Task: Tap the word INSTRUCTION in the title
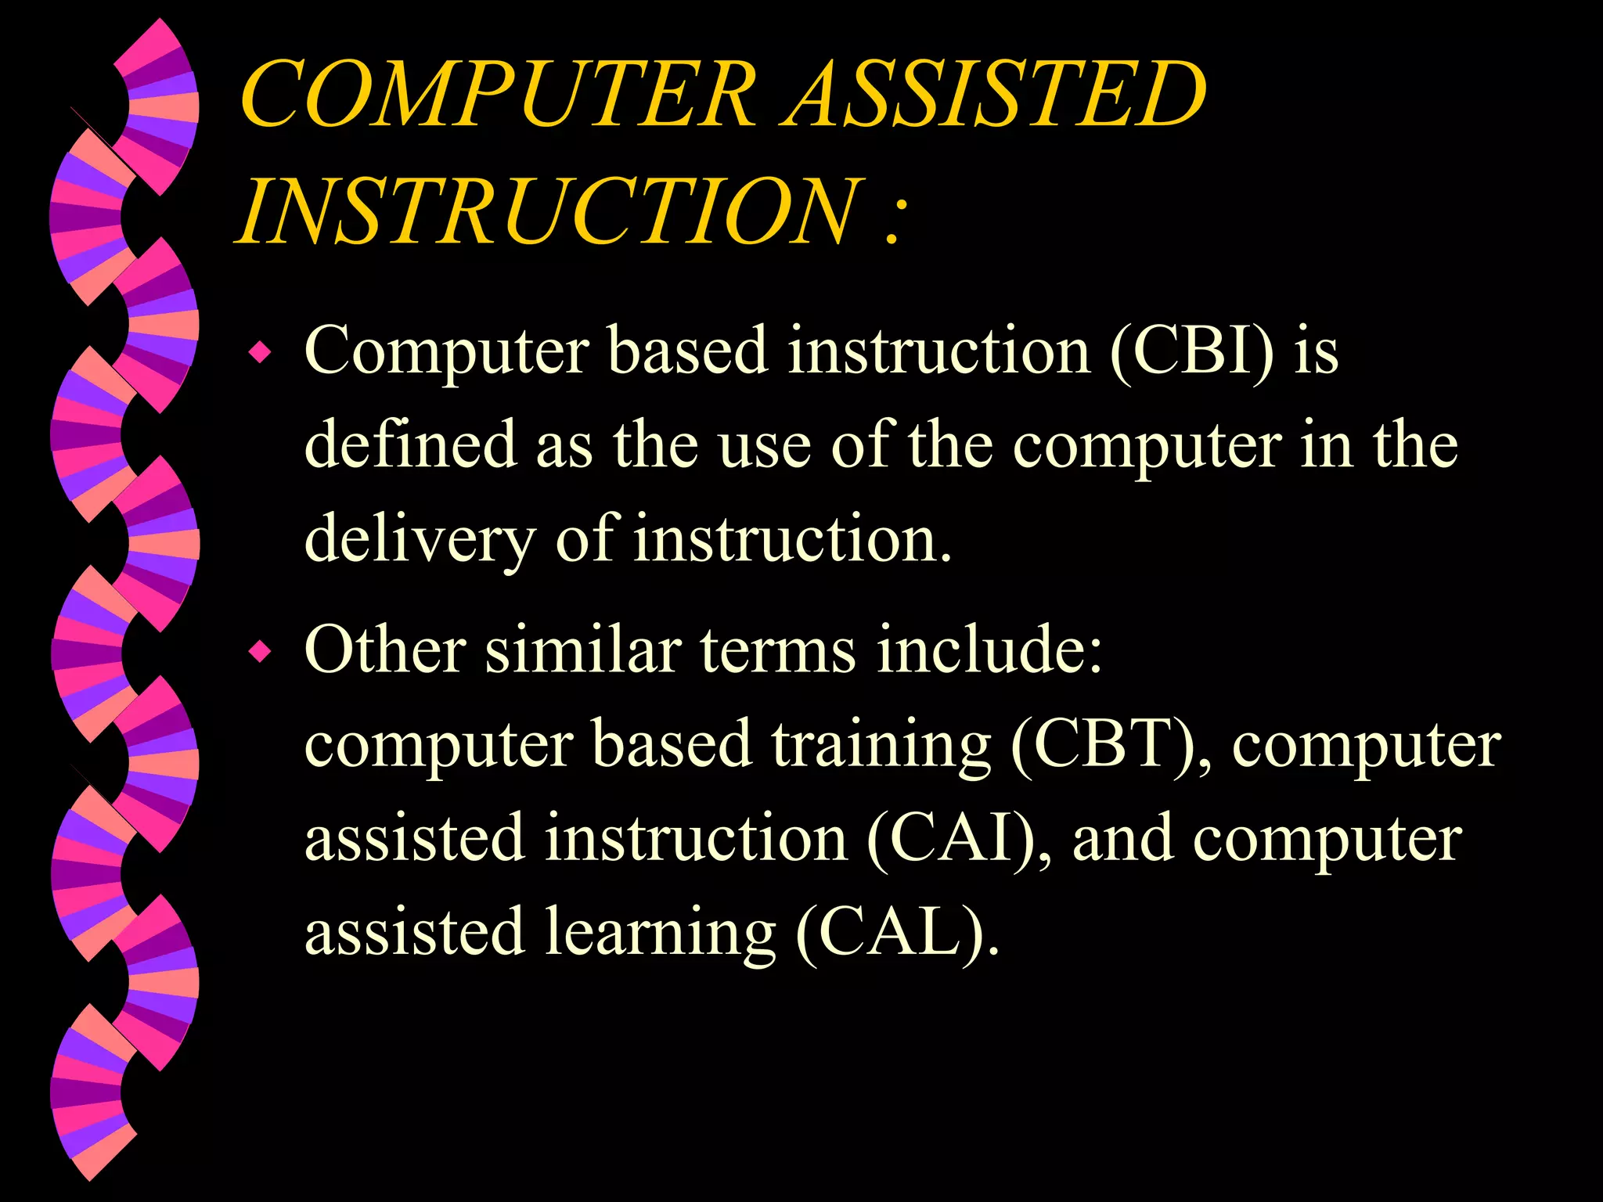548,210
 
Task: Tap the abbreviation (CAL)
897,932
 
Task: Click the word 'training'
881,745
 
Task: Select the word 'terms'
777,650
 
